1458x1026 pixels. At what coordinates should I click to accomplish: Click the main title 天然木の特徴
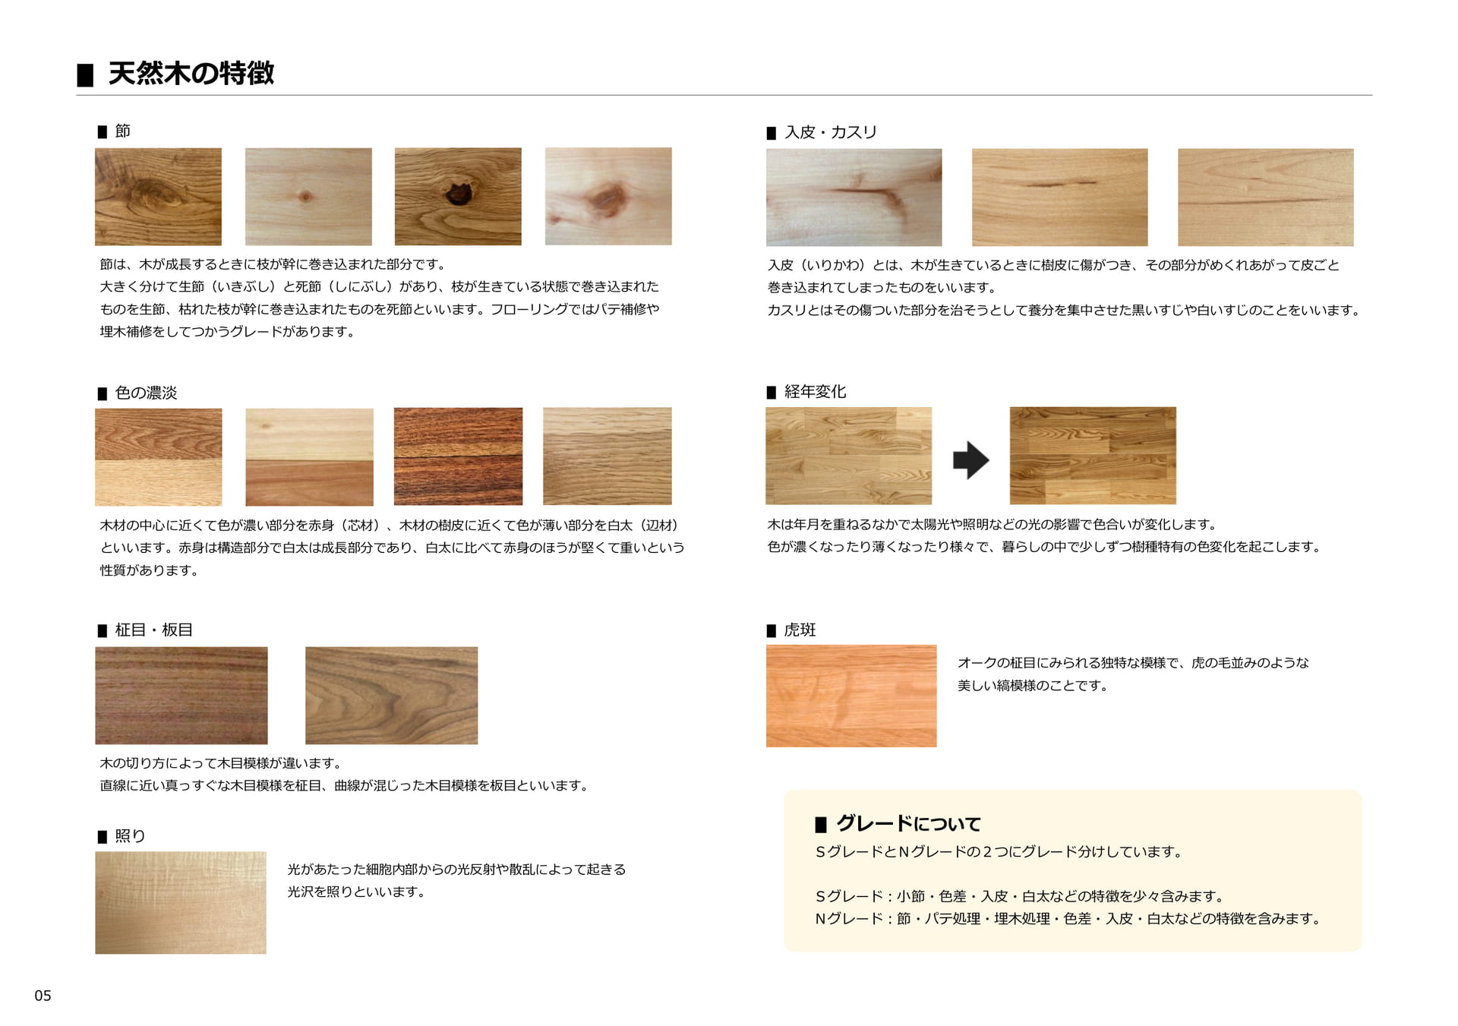click(x=191, y=74)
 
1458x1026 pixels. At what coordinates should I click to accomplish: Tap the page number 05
click(x=43, y=996)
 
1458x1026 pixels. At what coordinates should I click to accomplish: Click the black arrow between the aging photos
click(x=971, y=460)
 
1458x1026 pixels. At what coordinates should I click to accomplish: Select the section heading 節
click(x=122, y=131)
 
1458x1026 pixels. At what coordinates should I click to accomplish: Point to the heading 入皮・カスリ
click(x=831, y=132)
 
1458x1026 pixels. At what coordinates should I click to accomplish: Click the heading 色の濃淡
click(x=146, y=393)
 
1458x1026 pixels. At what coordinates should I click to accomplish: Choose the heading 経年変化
click(x=815, y=392)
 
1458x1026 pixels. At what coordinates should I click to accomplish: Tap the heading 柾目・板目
click(x=153, y=630)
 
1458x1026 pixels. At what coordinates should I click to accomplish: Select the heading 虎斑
click(x=800, y=630)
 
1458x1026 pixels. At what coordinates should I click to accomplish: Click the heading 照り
click(x=130, y=836)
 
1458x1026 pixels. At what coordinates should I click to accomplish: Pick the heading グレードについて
click(x=908, y=823)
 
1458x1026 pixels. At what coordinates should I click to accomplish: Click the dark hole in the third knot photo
click(x=457, y=193)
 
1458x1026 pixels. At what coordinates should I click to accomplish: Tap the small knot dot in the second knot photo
click(x=305, y=197)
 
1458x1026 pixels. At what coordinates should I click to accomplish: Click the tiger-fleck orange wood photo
click(x=851, y=696)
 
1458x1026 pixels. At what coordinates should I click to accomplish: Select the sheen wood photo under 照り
click(x=181, y=903)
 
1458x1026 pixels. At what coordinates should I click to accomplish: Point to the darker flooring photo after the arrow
click(x=1093, y=456)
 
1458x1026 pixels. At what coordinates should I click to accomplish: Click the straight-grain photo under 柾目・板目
click(x=181, y=696)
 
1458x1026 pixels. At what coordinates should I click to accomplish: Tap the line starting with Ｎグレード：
click(x=1070, y=919)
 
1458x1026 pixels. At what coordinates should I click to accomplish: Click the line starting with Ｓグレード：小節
click(x=1021, y=896)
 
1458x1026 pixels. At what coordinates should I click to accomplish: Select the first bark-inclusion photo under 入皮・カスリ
click(x=854, y=197)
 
